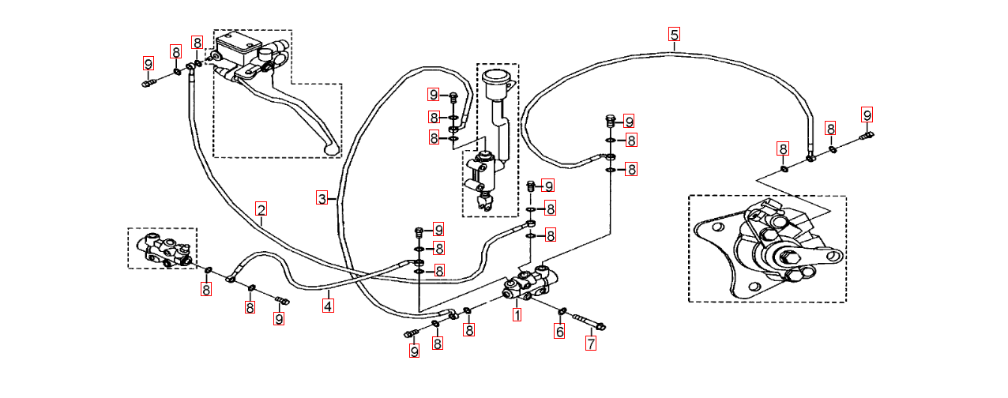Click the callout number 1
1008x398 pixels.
pos(517,314)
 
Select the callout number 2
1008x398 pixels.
pos(261,209)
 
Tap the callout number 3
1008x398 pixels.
pos(322,198)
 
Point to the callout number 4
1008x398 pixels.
pos(328,302)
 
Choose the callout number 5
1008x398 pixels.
pos(674,34)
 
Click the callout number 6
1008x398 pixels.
pos(559,332)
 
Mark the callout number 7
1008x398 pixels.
pos(590,344)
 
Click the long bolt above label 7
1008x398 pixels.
pos(588,321)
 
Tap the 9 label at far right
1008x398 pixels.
pos(867,115)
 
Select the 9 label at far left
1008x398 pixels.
pos(148,63)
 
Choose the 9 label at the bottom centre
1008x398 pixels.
pos(414,351)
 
